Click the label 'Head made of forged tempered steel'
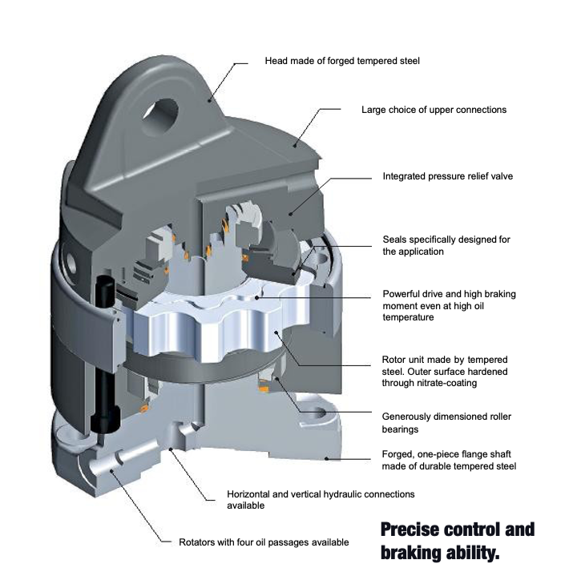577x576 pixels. [342, 60]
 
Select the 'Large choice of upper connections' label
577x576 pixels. [434, 109]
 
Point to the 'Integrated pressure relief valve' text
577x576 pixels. [447, 175]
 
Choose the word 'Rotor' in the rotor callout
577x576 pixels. [397, 358]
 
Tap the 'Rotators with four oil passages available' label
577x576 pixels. [264, 542]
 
